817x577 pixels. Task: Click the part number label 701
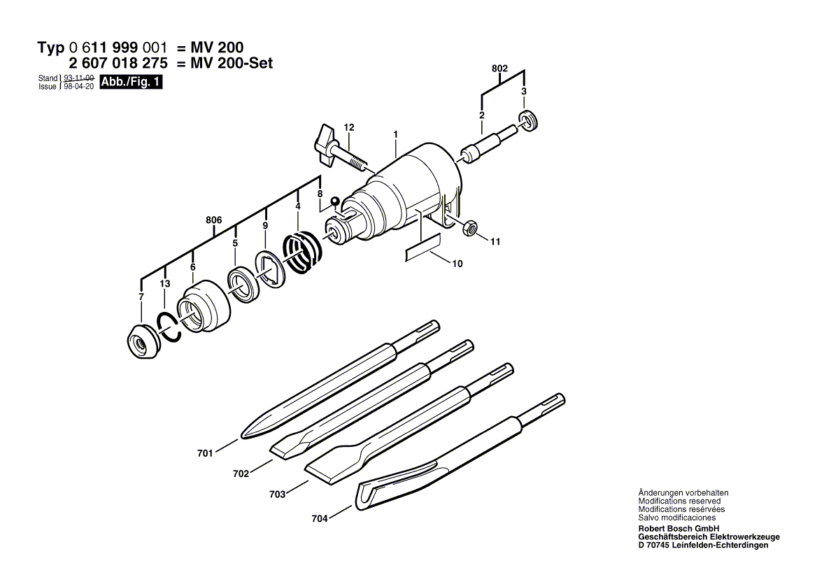pyautogui.click(x=205, y=453)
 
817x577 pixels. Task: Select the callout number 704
pyautogui.click(x=320, y=519)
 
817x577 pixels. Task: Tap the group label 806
pyautogui.click(x=214, y=220)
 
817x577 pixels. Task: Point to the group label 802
pyautogui.click(x=499, y=69)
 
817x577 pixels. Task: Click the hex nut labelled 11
pyautogui.click(x=471, y=227)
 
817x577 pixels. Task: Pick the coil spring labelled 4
pyautogui.click(x=301, y=252)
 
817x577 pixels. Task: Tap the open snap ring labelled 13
pyautogui.click(x=169, y=325)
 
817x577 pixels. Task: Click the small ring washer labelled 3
pyautogui.click(x=529, y=120)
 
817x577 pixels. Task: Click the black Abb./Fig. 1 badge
pyautogui.click(x=132, y=83)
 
